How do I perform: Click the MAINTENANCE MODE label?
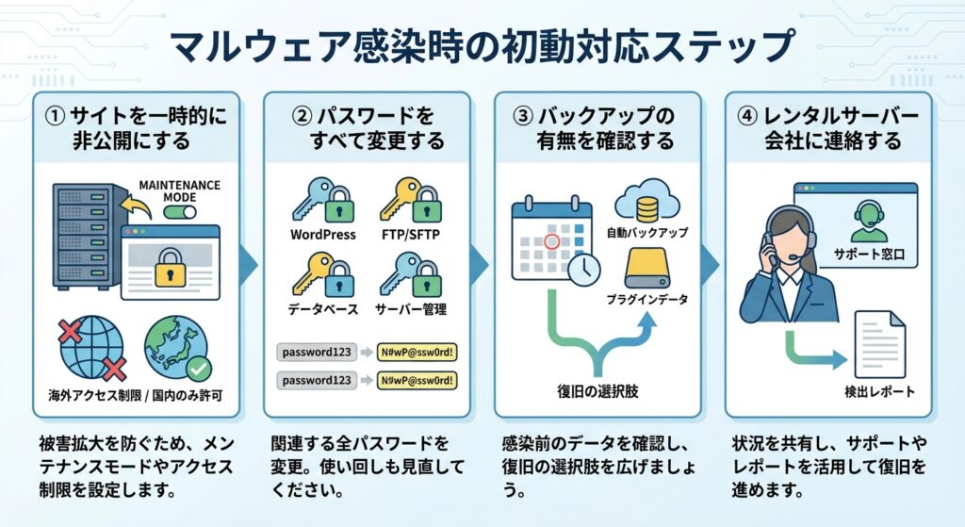[x=178, y=189]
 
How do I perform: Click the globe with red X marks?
[x=92, y=348]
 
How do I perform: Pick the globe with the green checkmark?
[x=177, y=348]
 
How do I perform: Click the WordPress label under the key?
[x=322, y=235]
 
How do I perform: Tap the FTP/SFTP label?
[x=412, y=235]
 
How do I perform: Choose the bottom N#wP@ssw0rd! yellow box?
[x=416, y=382]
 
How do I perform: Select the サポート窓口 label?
[x=869, y=255]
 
